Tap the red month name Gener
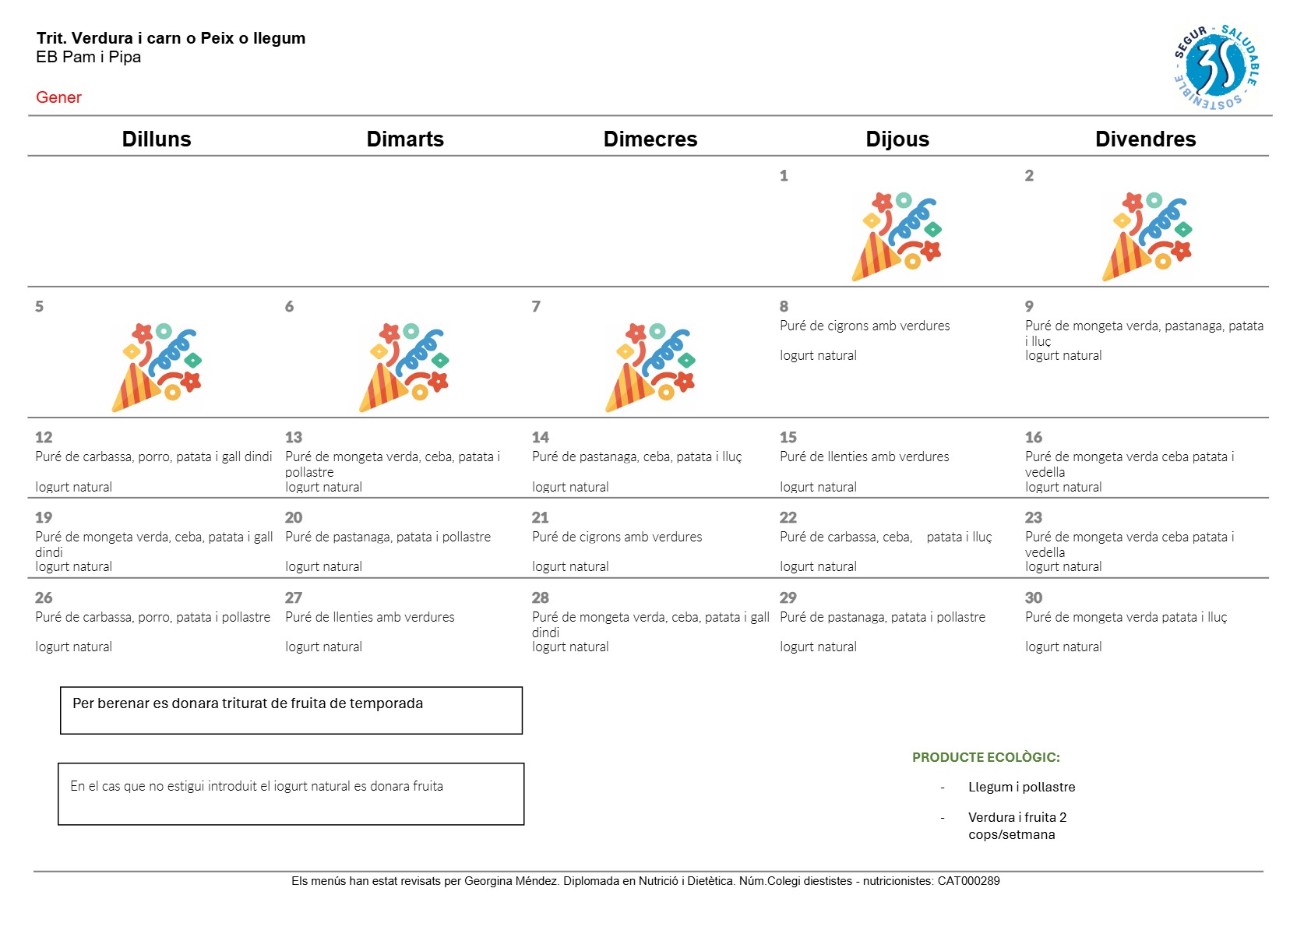58,97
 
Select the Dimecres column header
650,139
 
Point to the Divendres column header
1145,139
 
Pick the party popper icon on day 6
404,367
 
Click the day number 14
540,437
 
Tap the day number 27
293,597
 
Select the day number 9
1029,306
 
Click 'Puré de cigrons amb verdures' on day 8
865,326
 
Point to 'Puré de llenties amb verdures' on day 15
864,456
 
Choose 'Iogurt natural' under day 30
1063,647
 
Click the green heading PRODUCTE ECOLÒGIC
985,757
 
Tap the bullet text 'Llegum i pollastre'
1021,787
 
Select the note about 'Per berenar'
248,703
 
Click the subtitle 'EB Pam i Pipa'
88,57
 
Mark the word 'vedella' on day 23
1045,552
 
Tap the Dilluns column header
156,139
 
